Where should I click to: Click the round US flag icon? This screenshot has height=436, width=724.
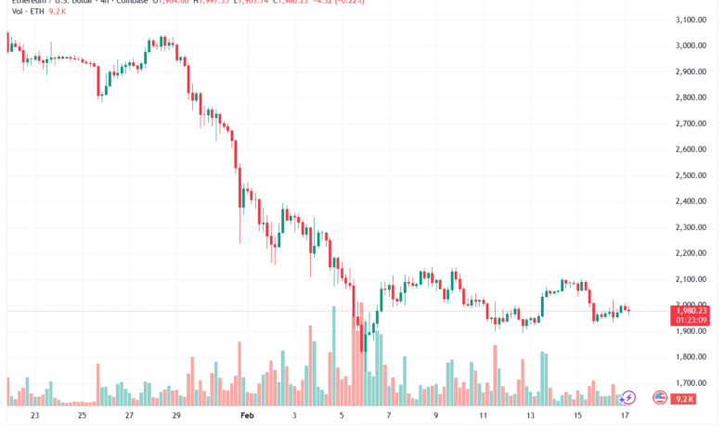[x=660, y=397]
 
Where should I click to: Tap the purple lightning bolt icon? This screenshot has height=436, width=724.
[x=628, y=398]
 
